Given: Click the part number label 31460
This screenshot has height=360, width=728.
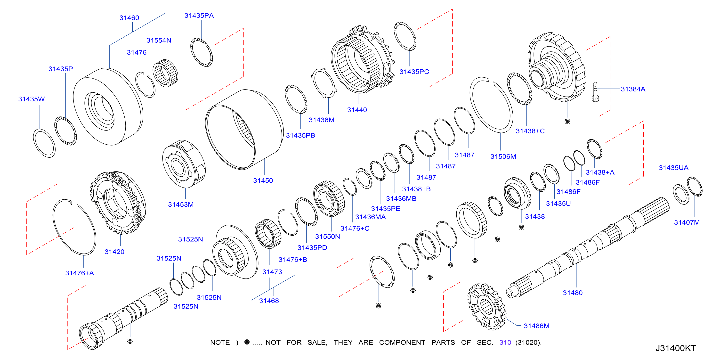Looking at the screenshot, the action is coord(129,18).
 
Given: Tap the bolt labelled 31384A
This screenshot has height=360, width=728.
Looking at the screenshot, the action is coord(595,92).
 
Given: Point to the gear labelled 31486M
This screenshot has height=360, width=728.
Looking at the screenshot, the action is coord(487,306).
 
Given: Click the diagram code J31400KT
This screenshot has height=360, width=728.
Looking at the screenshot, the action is coord(676,348).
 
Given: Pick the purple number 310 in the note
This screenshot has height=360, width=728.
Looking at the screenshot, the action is coord(505,343).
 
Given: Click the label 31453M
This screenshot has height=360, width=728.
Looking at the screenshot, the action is coord(181,205).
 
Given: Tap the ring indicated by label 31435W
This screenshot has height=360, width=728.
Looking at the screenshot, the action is coord(44,143).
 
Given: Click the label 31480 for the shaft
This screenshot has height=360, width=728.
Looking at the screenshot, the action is coord(573,293).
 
